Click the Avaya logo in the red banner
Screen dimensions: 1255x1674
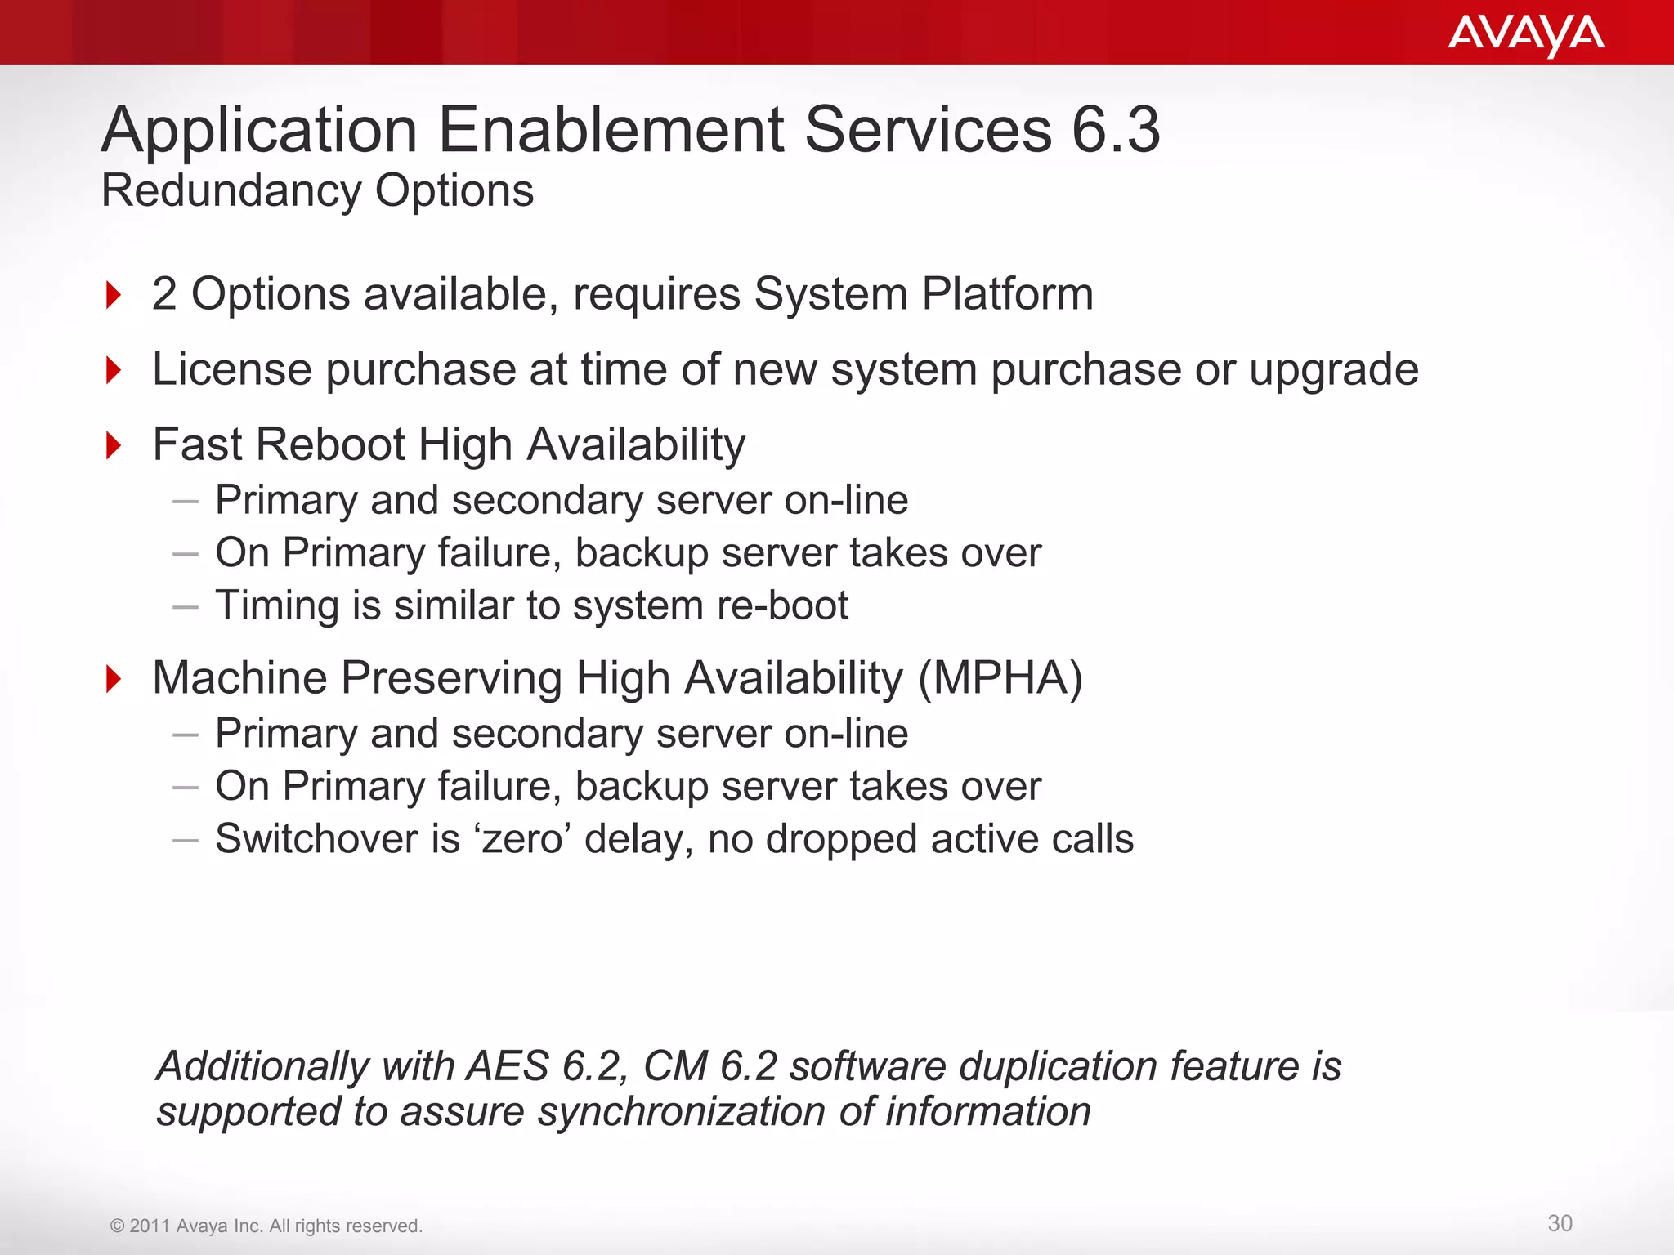pyautogui.click(x=1525, y=34)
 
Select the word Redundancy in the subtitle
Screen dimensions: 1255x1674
pyautogui.click(x=231, y=191)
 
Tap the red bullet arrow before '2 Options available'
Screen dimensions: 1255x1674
pyautogui.click(x=114, y=295)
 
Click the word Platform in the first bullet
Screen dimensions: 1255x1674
pyautogui.click(x=1007, y=294)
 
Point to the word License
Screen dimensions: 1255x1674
pyautogui.click(x=232, y=369)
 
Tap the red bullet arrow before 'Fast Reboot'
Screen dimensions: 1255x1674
pyautogui.click(x=114, y=446)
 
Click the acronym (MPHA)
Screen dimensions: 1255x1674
pyautogui.click(x=1000, y=678)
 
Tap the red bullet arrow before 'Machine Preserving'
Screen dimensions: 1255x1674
pyautogui.click(x=114, y=679)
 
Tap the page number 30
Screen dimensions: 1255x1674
pyautogui.click(x=1560, y=1223)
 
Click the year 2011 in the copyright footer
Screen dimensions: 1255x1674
pyautogui.click(x=150, y=1226)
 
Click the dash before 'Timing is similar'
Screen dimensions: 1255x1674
pyautogui.click(x=186, y=607)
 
